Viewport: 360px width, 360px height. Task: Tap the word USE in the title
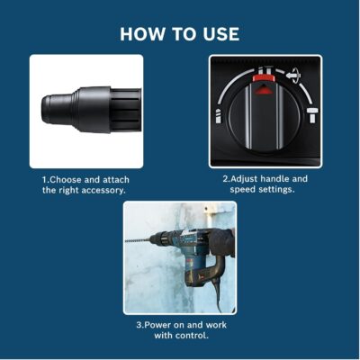click(x=221, y=34)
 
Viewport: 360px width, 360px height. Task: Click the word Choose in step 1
click(x=66, y=180)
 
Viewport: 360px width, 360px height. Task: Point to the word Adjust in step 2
click(x=243, y=179)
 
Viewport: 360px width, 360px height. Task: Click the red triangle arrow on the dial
click(x=263, y=89)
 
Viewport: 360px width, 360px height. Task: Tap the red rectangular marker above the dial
click(x=264, y=78)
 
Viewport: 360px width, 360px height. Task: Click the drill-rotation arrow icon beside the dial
click(x=293, y=76)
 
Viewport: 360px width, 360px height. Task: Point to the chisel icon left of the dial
click(x=219, y=115)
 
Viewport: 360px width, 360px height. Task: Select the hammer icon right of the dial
click(x=312, y=114)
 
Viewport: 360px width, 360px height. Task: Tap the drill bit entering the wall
click(x=137, y=240)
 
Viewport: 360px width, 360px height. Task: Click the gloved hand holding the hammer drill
click(x=222, y=242)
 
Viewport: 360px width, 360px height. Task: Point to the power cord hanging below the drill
click(x=217, y=294)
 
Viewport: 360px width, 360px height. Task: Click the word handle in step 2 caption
click(x=274, y=179)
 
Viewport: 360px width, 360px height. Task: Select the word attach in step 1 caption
click(x=116, y=180)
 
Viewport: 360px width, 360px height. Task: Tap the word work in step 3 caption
click(x=216, y=325)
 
